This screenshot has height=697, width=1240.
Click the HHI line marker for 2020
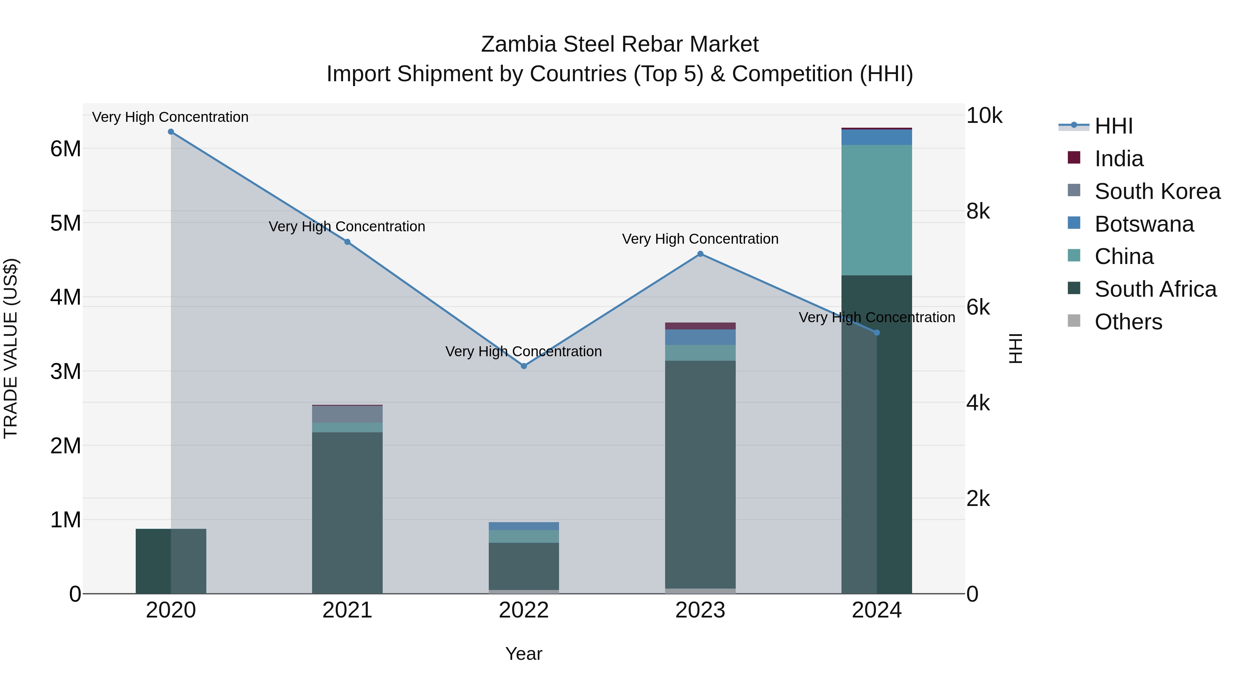point(171,132)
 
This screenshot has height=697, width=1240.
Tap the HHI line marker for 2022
point(524,366)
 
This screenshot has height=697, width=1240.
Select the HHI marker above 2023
point(700,254)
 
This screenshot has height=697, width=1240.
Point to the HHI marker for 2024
point(877,333)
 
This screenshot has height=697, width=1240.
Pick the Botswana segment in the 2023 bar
point(700,337)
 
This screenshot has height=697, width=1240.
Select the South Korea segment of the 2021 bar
point(347,414)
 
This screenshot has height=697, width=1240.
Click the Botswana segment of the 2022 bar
point(524,526)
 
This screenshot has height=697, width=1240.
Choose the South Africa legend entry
point(1155,289)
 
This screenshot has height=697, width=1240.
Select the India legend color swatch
point(1074,158)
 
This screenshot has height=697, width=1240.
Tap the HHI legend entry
point(1113,126)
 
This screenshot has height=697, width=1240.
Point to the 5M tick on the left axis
point(66,223)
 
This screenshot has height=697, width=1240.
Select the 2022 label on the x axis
point(524,610)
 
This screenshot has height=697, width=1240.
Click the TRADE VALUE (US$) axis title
point(11,348)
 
